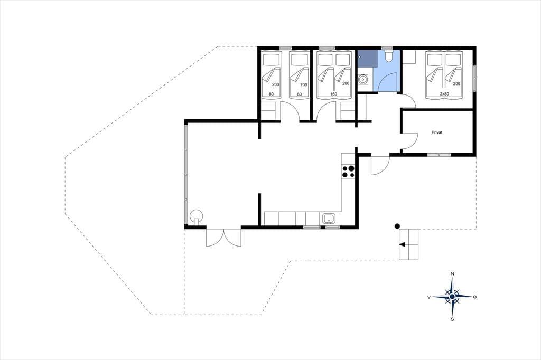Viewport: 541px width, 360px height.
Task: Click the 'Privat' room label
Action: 436,132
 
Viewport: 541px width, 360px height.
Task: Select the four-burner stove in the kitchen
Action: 348,172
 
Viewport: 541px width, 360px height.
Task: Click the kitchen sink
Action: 328,219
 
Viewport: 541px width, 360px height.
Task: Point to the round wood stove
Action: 197,216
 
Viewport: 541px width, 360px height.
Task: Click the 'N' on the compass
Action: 452,274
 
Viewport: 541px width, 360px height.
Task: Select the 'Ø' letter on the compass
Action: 475,297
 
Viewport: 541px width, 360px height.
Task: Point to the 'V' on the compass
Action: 429,297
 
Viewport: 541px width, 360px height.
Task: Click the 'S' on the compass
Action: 452,319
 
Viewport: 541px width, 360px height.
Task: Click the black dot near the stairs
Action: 397,226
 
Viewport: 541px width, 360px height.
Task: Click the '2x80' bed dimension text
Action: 444,94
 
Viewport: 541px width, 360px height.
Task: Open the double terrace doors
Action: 223,237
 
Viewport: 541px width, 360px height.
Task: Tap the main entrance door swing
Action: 380,166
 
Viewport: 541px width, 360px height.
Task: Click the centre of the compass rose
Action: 452,296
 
